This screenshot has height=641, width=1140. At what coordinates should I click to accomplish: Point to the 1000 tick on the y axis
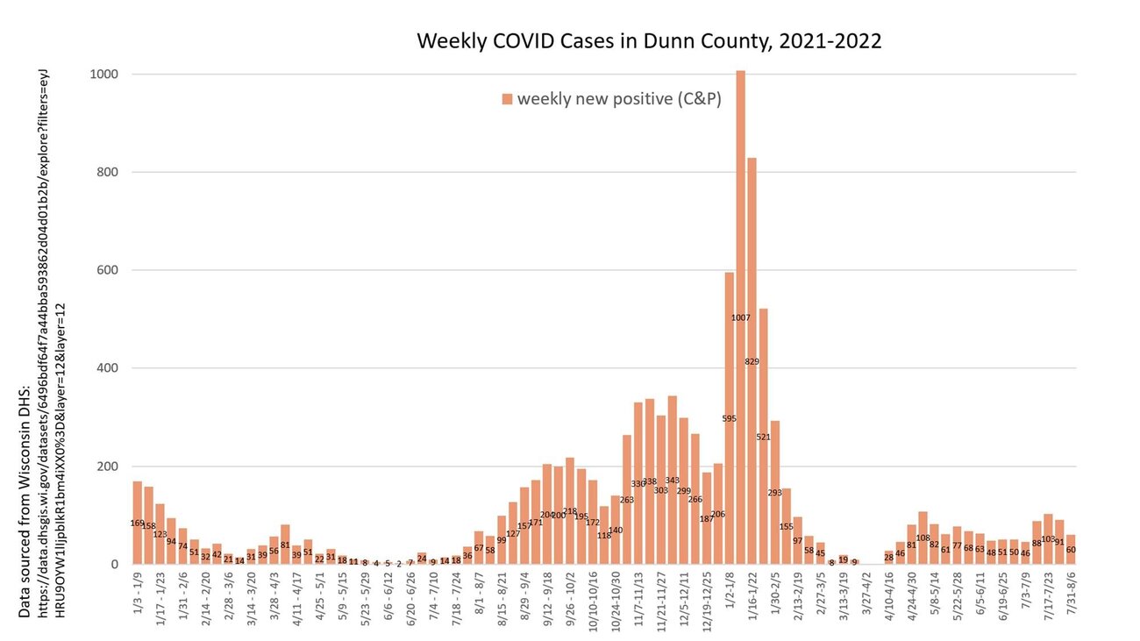104,75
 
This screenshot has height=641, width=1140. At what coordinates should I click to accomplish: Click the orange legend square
507,99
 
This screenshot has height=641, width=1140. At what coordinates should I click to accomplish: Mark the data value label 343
672,481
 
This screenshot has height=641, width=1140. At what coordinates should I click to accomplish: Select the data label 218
569,511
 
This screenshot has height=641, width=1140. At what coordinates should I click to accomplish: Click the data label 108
923,538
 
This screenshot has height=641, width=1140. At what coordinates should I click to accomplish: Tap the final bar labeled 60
1071,550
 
